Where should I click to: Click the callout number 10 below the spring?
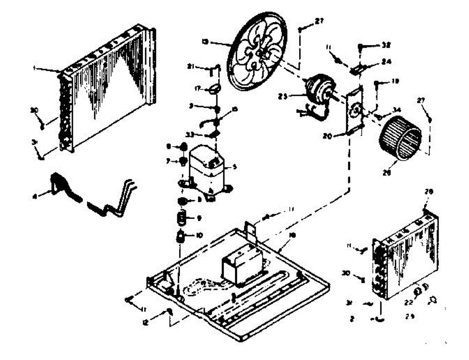pyautogui.click(x=200, y=235)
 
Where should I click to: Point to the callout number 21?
pyautogui.click(x=202, y=67)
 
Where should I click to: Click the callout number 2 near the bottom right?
pyautogui.click(x=352, y=319)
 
